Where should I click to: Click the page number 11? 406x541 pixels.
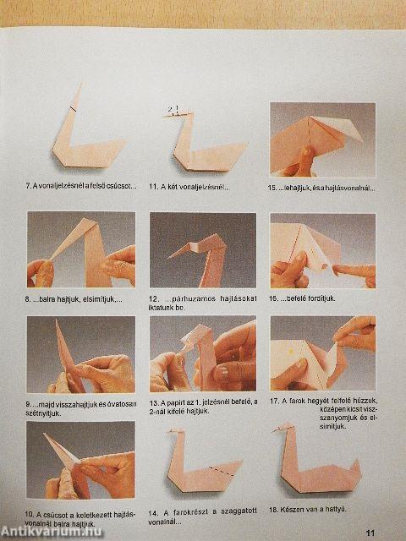[x=370, y=532]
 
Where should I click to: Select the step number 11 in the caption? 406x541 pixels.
[x=153, y=186]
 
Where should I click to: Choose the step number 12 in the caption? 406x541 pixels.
[x=154, y=300]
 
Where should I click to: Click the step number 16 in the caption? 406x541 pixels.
[x=274, y=298]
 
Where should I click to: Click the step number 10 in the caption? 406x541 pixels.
[x=30, y=512]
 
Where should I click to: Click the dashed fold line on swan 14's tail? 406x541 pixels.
[x=222, y=467]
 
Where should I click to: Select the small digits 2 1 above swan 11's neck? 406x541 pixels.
[x=173, y=109]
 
